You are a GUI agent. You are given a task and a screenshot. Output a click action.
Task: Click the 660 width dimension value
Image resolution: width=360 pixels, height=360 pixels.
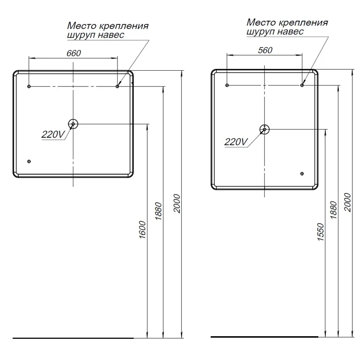coord(73,53)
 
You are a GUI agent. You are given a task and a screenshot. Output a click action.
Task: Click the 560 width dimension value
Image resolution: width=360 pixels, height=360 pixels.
coord(265,50)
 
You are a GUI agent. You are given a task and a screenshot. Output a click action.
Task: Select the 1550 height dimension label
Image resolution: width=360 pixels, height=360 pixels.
coord(320,232)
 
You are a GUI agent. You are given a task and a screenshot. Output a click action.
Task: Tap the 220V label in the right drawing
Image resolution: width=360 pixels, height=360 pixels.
coord(236,142)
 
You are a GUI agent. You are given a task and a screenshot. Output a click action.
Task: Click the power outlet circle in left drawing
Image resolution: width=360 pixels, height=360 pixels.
coord(73,123)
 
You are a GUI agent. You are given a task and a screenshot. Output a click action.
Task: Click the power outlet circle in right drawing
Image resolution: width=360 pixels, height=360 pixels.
coord(265,129)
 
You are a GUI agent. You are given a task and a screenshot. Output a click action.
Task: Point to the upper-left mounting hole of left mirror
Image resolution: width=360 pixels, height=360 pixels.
coord(29,86)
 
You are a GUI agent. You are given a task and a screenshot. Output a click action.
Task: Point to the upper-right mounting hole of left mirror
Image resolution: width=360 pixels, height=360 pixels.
coord(117,86)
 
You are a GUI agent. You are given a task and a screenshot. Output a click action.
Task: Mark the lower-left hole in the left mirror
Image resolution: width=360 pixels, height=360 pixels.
coord(29,161)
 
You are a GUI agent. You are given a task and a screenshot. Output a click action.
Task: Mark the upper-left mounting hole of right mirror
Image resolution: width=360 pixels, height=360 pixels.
coord(227,85)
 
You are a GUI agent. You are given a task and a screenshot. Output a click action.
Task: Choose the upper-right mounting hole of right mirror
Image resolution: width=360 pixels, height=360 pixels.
coord(302,85)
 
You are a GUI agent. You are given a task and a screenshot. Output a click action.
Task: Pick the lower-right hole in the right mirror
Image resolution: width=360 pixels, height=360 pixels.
coord(302,174)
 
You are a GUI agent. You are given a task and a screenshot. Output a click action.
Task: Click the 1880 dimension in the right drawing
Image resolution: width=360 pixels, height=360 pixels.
coord(333,210)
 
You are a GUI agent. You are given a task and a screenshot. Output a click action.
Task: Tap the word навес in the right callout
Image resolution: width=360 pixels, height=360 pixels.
coord(291,31)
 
